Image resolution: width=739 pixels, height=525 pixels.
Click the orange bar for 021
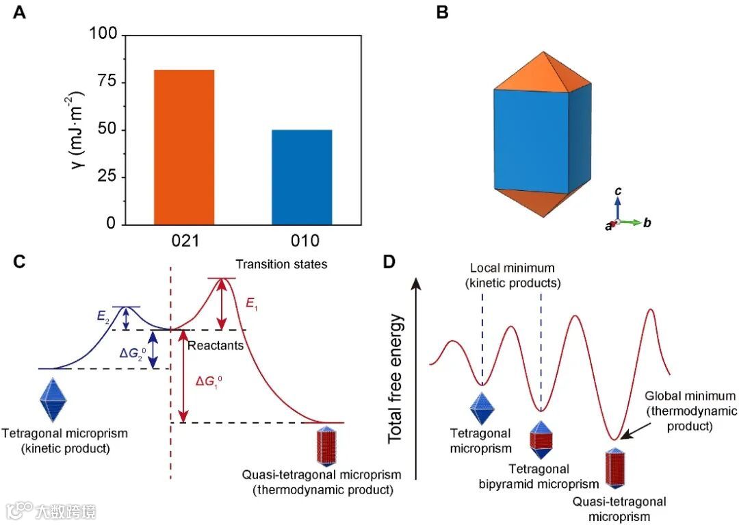coord(184,147)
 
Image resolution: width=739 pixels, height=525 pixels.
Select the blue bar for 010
coord(302,177)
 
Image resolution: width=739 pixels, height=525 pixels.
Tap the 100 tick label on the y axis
coord(101,35)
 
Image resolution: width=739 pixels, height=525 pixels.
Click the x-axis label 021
coord(184,240)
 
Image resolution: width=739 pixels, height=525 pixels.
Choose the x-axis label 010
coord(302,240)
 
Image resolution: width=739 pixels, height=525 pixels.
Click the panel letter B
coord(442,12)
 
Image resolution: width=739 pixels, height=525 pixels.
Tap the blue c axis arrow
coord(617,207)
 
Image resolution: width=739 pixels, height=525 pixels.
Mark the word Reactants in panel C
coord(216,346)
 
